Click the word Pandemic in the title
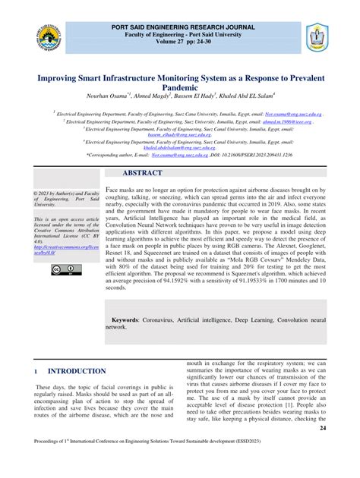pos(180,88)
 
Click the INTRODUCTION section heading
pos(77,371)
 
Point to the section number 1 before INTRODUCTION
pos(36,371)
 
